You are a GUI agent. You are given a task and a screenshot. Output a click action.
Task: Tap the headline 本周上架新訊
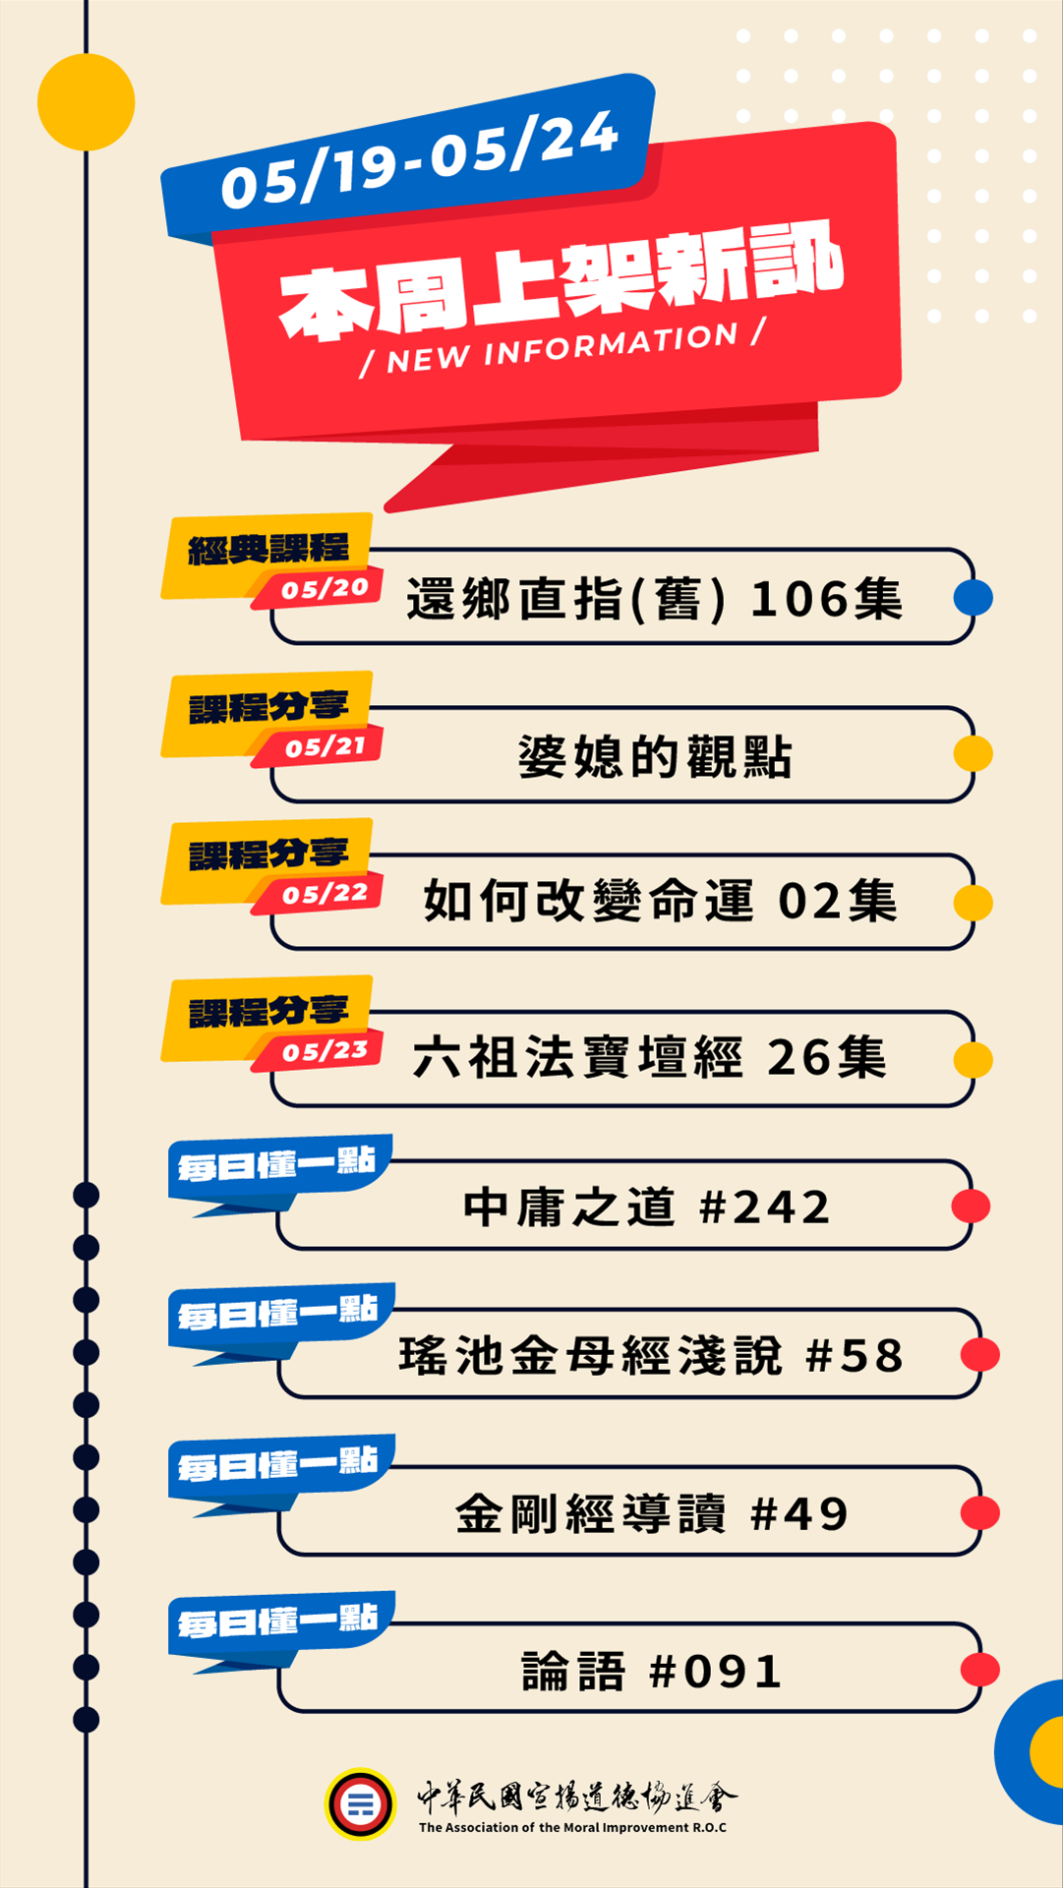click(561, 280)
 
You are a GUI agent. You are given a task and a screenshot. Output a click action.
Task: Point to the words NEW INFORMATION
click(562, 348)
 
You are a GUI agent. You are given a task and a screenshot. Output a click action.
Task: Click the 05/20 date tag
click(325, 589)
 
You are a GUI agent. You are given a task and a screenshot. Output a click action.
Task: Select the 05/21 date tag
click(325, 747)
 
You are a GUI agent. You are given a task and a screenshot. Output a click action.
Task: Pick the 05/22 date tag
click(325, 895)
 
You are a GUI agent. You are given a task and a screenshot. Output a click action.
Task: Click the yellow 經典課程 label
click(268, 550)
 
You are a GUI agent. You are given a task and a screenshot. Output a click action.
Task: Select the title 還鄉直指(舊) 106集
click(654, 599)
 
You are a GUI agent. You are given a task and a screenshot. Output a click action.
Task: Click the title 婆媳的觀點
click(655, 756)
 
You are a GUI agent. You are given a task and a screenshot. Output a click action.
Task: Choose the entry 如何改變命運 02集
click(660, 902)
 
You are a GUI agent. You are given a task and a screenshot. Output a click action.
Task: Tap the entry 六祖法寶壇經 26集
click(650, 1058)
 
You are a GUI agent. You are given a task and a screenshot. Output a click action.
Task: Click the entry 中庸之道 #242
click(647, 1208)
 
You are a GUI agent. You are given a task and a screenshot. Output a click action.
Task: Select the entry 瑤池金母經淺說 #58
click(650, 1356)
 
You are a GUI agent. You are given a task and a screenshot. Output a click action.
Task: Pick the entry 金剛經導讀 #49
click(651, 1513)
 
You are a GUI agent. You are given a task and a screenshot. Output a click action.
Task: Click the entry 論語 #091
click(651, 1671)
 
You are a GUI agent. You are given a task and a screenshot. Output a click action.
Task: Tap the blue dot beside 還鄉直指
click(974, 597)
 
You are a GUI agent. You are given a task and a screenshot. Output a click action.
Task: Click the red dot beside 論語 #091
click(979, 1670)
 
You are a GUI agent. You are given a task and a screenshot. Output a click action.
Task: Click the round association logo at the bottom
click(361, 1804)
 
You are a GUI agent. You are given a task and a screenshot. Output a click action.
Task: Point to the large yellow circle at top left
click(87, 102)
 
